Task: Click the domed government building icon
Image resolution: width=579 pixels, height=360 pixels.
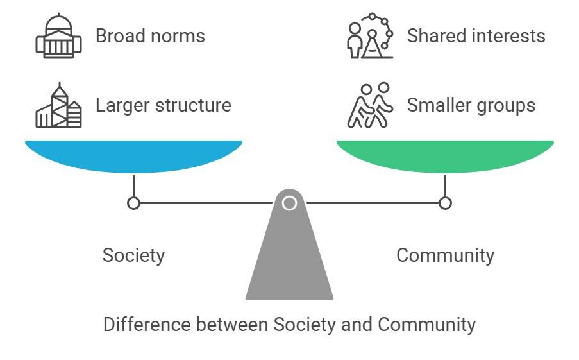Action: pos(58,36)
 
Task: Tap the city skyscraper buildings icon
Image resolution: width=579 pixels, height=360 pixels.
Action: pos(58,106)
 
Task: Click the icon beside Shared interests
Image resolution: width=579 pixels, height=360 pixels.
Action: pos(371,36)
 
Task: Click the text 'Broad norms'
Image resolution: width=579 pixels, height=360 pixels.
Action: pos(150,36)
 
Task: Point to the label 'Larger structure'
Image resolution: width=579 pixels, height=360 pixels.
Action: pos(163,105)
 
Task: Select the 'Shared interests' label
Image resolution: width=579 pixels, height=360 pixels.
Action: pos(476,36)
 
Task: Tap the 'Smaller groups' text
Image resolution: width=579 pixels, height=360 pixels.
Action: pos(471,105)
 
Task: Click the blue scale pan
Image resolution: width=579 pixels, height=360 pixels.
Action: pos(133,156)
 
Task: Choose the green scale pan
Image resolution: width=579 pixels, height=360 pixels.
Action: pos(445,156)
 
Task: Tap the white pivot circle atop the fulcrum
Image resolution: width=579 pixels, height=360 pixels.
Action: pos(290,203)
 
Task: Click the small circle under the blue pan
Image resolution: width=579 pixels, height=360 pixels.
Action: pos(133,203)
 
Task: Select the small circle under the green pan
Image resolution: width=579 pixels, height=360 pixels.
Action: pos(445,203)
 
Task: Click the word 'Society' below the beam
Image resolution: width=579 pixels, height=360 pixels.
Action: pos(133,255)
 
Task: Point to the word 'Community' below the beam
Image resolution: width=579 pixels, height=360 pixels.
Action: pos(445,255)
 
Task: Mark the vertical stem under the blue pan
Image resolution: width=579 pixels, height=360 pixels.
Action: pos(133,185)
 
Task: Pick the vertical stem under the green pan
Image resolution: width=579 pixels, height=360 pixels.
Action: pos(445,185)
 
